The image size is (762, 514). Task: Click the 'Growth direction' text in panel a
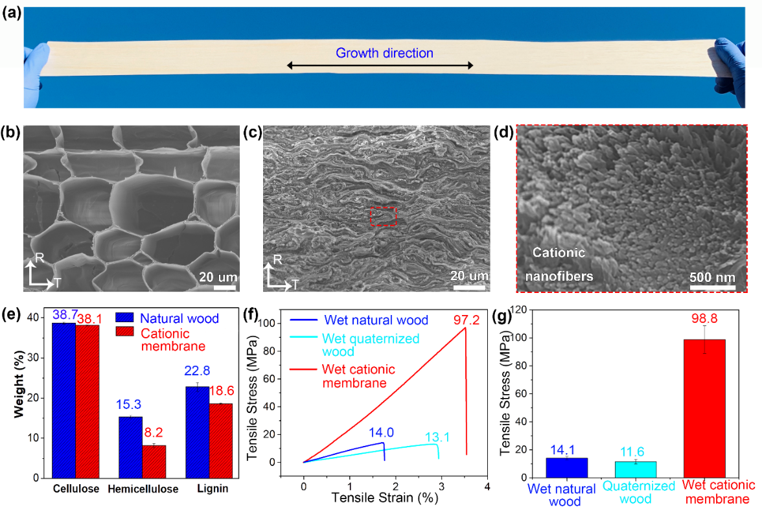pyautogui.click(x=384, y=53)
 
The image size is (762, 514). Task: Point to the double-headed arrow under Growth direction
pyautogui.click(x=380, y=65)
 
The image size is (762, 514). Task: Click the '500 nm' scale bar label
pyautogui.click(x=711, y=277)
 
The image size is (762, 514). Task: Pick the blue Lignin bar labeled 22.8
pyautogui.click(x=198, y=432)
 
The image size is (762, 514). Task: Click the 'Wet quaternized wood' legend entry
pyautogui.click(x=371, y=345)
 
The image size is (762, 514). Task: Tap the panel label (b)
pyautogui.click(x=10, y=134)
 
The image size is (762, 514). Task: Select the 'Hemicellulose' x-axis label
pyautogui.click(x=143, y=489)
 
